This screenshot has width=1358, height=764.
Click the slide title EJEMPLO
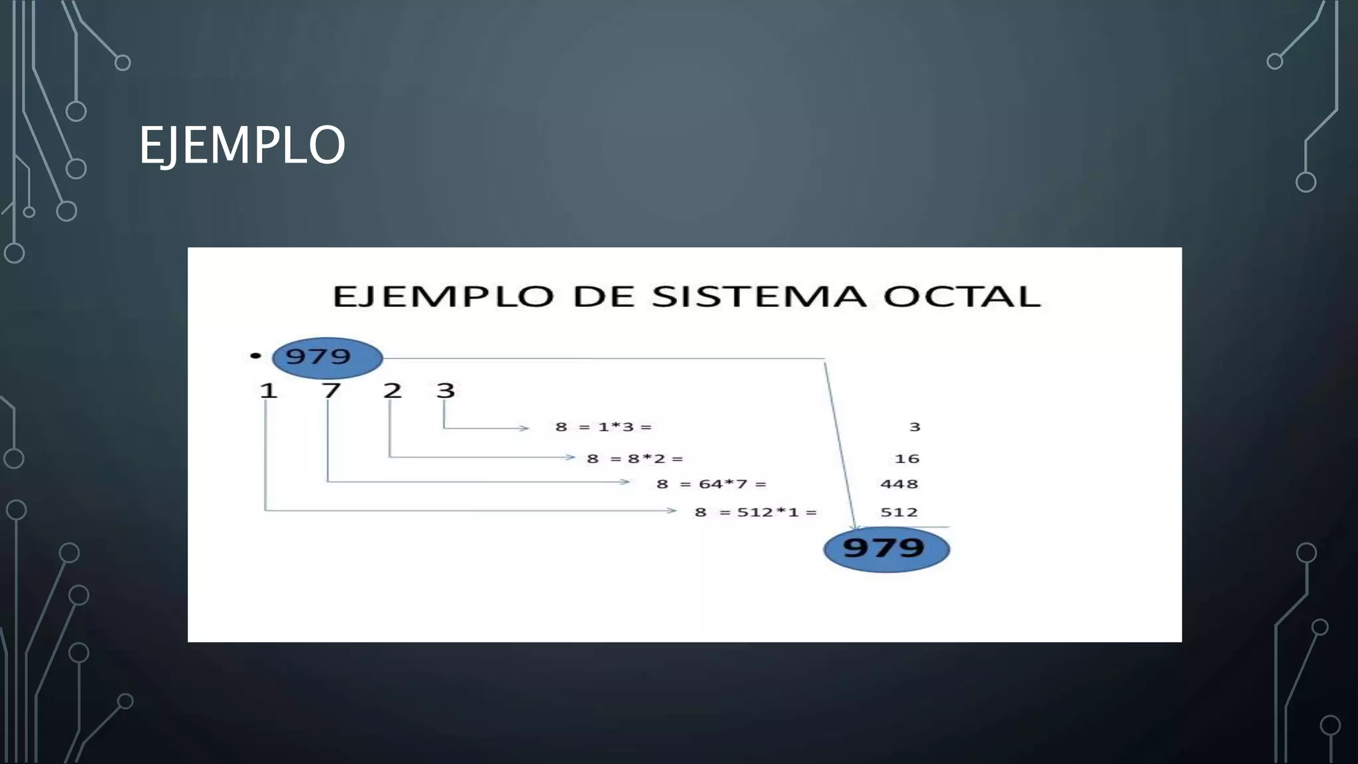242,145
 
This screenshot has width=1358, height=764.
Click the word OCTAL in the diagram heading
961,296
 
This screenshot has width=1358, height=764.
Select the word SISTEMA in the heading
759,296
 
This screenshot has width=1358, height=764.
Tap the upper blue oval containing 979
327,357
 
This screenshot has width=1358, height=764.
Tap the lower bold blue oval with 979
886,548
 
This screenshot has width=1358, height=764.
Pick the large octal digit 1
268,391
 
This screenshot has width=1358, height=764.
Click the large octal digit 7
331,391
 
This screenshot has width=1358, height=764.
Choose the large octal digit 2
393,391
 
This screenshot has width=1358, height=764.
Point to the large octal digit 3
446,391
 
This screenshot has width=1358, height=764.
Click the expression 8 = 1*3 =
603,427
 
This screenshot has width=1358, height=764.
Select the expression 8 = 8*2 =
635,459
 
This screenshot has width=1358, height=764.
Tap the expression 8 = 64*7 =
711,484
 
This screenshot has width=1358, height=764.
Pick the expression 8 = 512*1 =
756,512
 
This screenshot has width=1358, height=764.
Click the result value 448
899,484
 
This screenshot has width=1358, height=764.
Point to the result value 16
907,459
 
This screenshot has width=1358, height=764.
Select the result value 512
899,512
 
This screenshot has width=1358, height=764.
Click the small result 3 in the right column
915,427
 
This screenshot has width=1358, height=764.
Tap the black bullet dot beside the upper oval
255,356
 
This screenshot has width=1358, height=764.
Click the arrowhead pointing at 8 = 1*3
525,428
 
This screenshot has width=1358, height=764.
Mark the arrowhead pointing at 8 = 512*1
672,511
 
